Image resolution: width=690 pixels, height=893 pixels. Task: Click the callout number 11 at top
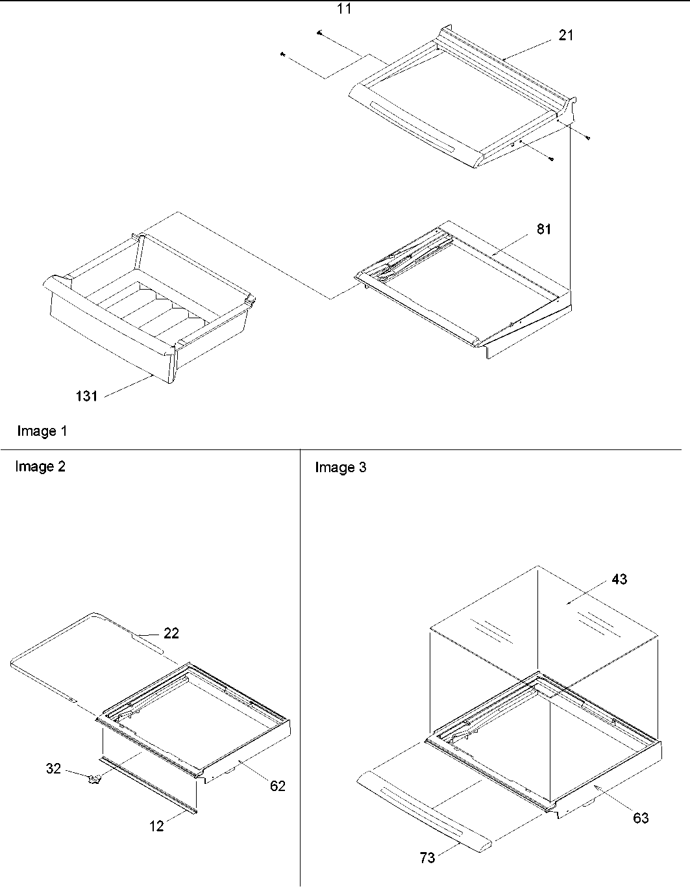click(x=344, y=9)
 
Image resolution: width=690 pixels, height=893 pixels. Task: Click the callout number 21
click(x=566, y=36)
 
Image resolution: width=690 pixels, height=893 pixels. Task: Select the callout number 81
click(x=543, y=229)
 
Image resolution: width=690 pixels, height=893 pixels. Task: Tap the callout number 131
click(x=86, y=396)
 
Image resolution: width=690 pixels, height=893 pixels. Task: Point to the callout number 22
click(x=171, y=633)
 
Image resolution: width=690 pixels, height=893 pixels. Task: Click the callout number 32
click(x=53, y=769)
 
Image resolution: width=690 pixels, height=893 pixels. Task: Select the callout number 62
click(x=277, y=786)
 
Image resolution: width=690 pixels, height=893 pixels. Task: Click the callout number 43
click(x=619, y=579)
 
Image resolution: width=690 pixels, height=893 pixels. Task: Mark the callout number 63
click(x=640, y=818)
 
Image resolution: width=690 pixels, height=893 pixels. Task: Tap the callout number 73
click(x=427, y=858)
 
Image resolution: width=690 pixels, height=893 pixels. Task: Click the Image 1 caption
click(x=42, y=431)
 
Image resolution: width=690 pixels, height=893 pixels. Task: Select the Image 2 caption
click(x=40, y=466)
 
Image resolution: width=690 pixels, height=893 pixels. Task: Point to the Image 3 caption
click(x=340, y=468)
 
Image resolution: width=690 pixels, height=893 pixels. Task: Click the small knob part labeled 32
click(x=96, y=779)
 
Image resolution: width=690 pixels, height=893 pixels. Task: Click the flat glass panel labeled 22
click(x=97, y=656)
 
